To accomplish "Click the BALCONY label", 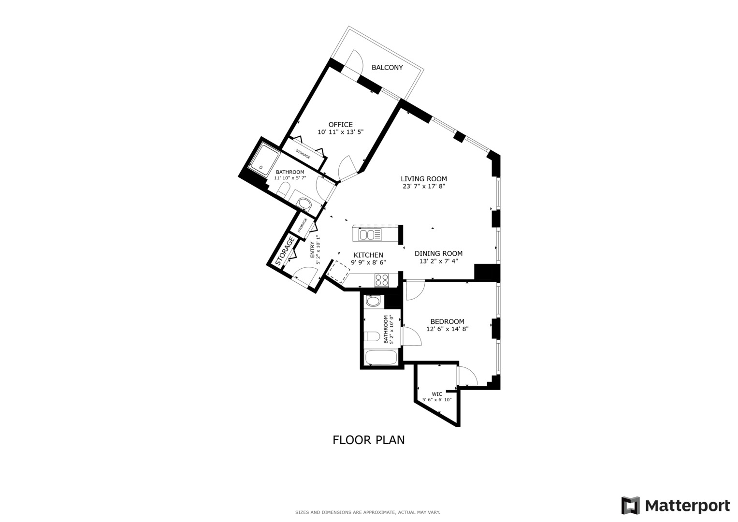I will coord(387,68).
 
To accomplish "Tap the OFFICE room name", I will coord(340,125).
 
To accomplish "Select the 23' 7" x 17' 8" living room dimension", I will coord(423,186).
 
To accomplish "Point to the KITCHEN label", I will coord(368,255).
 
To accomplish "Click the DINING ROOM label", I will coord(438,253).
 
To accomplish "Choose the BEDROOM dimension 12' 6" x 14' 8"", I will coord(447,329).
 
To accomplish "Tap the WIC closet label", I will coord(437,394).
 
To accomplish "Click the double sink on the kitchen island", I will coord(370,235).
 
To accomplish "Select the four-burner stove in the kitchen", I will coord(382,279).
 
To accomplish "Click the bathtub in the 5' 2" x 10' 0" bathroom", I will coord(381,358).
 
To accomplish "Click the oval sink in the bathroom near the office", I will coord(304,205).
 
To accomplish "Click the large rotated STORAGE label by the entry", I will coord(285,251).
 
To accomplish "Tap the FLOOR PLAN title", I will coord(368,440).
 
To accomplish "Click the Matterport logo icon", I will coord(630,506).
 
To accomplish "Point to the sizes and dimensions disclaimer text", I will coord(367,512).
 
